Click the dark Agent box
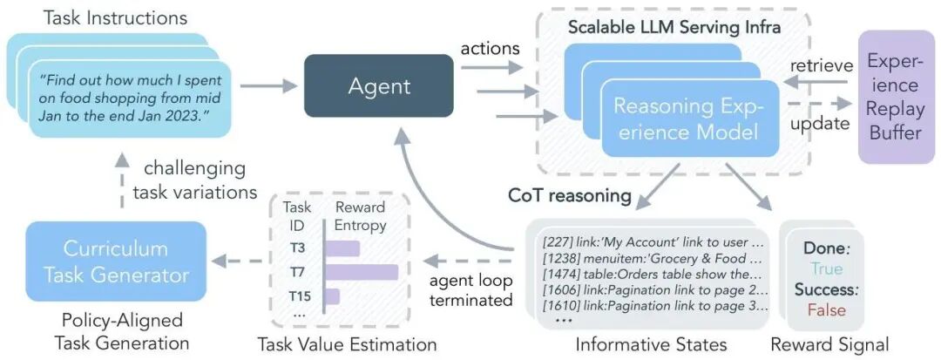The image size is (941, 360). (x=379, y=85)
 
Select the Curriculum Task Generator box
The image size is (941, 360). (x=116, y=262)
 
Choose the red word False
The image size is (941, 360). (x=827, y=309)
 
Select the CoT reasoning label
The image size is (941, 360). (x=570, y=195)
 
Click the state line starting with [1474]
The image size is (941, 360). (x=653, y=275)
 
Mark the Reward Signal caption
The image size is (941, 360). (x=829, y=345)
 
